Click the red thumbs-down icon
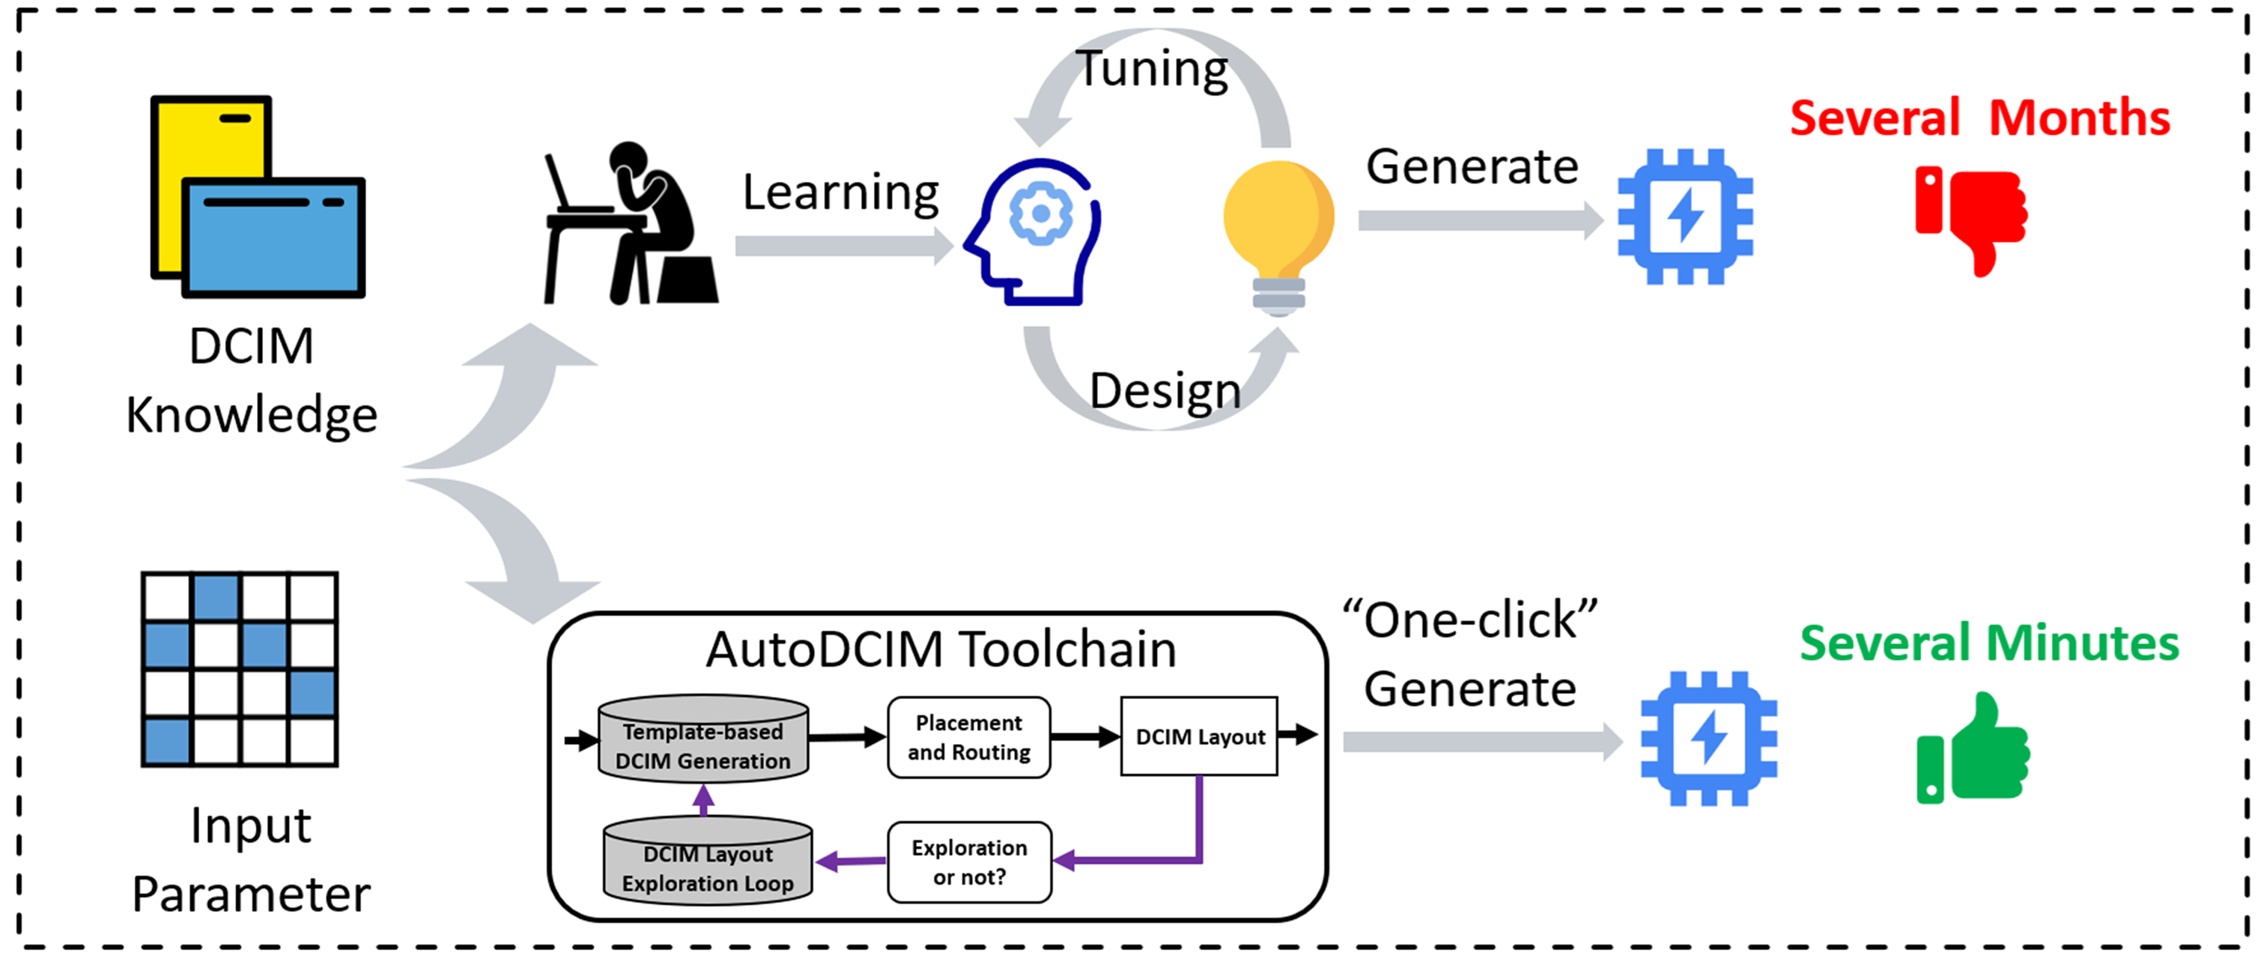pyautogui.click(x=1971, y=220)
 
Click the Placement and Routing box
pyautogui.click(x=969, y=737)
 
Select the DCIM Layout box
pyautogui.click(x=1199, y=736)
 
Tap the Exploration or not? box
pyautogui.click(x=969, y=862)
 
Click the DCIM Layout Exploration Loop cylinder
pyautogui.click(x=708, y=861)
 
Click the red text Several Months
pyautogui.click(x=1980, y=118)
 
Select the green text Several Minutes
pyautogui.click(x=1989, y=644)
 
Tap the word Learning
pyautogui.click(x=840, y=193)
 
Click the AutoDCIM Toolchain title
pyautogui.click(x=941, y=650)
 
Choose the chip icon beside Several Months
pyautogui.click(x=1685, y=217)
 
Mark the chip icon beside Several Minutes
pyautogui.click(x=1709, y=739)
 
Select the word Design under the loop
pyautogui.click(x=1165, y=391)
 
